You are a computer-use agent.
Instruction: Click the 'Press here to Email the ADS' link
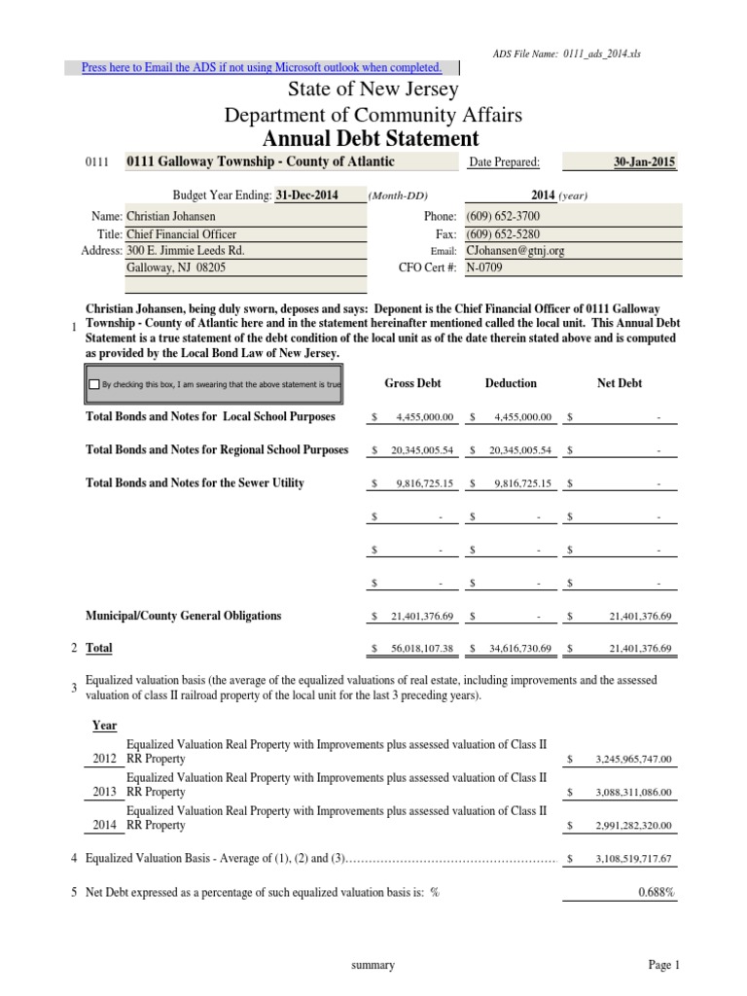(262, 67)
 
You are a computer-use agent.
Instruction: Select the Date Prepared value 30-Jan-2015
(645, 162)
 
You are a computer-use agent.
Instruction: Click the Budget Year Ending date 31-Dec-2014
(306, 195)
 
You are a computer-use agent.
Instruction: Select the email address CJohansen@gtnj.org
(509, 250)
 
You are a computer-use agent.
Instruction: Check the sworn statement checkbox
(93, 384)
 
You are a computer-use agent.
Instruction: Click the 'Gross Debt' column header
(412, 383)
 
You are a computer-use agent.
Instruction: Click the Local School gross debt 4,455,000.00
(424, 417)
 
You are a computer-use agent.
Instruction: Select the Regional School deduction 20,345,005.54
(515, 451)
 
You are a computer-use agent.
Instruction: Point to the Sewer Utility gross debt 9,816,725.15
(424, 483)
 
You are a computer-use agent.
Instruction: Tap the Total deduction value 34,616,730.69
(515, 649)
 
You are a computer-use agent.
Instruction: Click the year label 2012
(105, 759)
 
